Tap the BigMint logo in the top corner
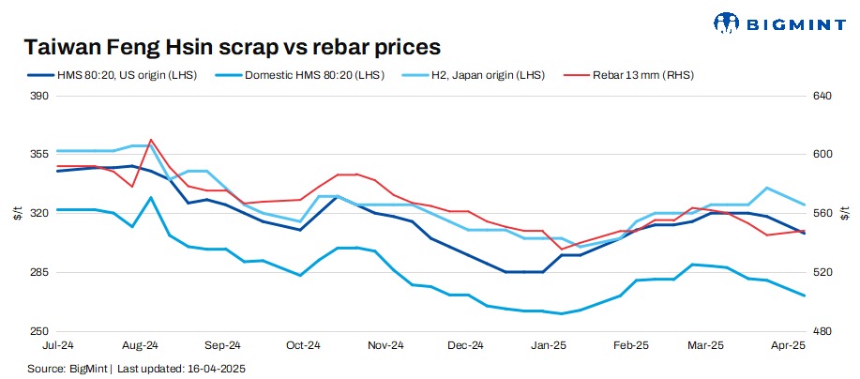click(779, 22)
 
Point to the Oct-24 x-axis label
click(302, 345)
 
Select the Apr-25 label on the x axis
click(788, 345)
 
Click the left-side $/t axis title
click(16, 213)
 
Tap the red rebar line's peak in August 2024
click(151, 140)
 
